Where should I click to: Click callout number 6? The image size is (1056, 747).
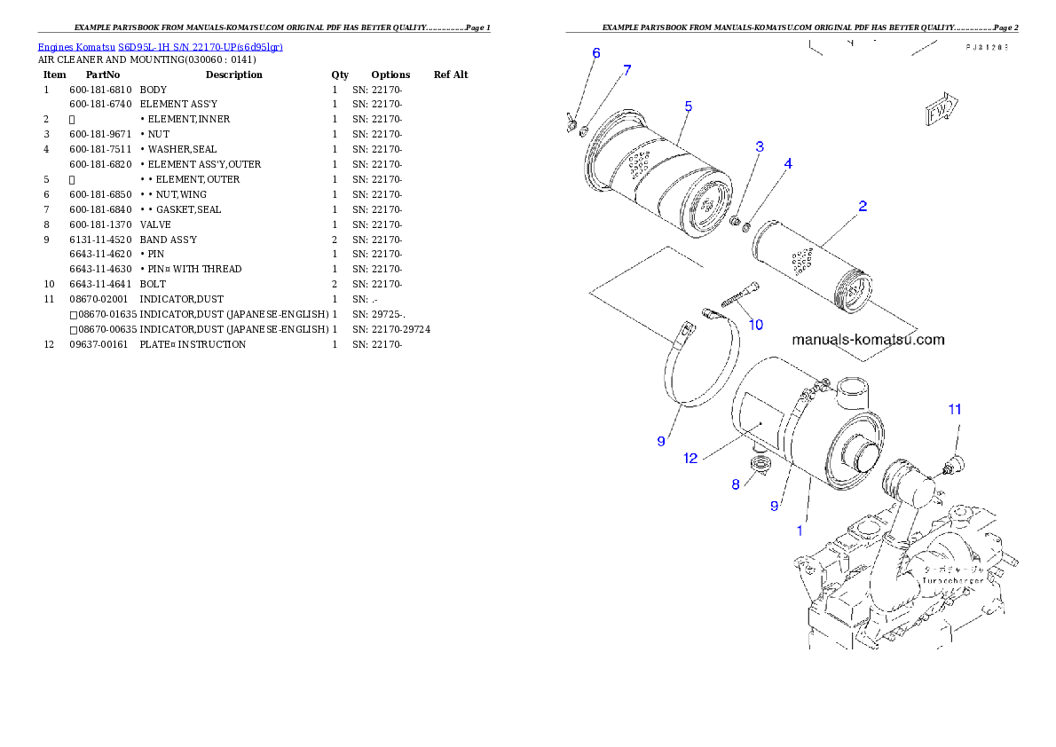596,53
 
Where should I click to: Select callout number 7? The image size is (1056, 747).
627,71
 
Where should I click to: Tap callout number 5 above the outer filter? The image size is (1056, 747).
688,106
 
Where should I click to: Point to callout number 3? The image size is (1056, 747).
760,145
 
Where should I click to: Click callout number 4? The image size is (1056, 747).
787,164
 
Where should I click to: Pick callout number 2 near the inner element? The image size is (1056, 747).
862,207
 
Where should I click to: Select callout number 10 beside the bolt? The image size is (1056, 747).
755,325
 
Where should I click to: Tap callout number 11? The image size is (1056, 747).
954,410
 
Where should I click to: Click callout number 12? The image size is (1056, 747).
691,459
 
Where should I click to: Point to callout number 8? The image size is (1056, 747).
736,484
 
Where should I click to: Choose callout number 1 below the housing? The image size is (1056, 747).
800,531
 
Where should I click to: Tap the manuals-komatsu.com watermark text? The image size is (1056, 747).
867,340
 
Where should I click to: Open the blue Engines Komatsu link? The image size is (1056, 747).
160,47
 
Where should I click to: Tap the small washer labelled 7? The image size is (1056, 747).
585,133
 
